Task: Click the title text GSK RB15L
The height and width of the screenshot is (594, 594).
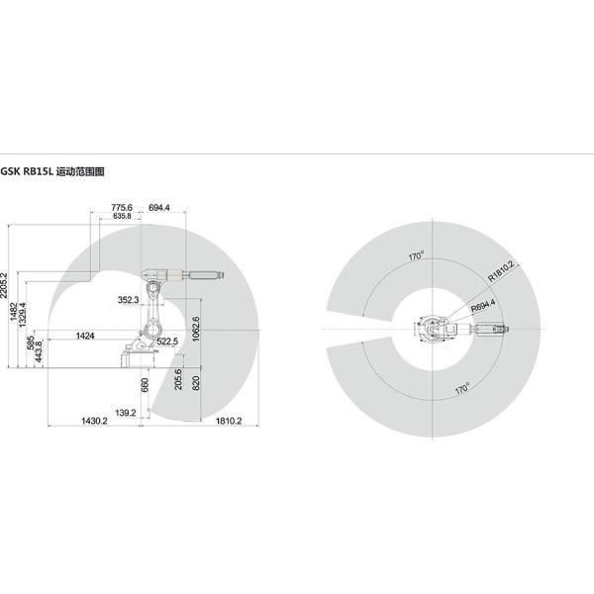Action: pyautogui.click(x=26, y=171)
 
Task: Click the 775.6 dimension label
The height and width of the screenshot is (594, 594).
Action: pyautogui.click(x=122, y=208)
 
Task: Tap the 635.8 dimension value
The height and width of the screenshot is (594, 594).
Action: pyautogui.click(x=122, y=216)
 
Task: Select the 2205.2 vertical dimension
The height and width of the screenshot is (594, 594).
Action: pyautogui.click(x=4, y=286)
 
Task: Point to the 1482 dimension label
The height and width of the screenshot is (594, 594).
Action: pyautogui.click(x=14, y=312)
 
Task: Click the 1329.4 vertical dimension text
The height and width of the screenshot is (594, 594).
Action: pyautogui.click(x=23, y=315)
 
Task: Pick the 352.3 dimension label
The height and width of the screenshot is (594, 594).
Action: pyautogui.click(x=128, y=300)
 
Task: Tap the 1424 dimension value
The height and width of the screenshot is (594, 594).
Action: pyautogui.click(x=85, y=336)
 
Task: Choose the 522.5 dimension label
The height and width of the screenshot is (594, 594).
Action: pyautogui.click(x=167, y=342)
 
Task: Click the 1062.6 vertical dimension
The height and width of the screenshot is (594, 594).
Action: pyautogui.click(x=196, y=329)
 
